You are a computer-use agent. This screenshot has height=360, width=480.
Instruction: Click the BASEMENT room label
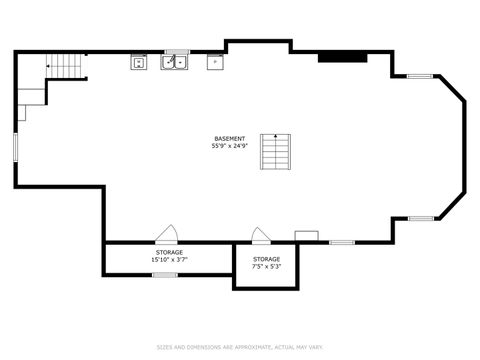tap(228, 138)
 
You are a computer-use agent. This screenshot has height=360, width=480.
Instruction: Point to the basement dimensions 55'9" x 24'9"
tap(228, 146)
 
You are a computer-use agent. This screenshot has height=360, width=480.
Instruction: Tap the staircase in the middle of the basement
tap(274, 151)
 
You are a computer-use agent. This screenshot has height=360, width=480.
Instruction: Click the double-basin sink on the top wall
tap(176, 62)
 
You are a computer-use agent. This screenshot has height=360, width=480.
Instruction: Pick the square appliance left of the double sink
tap(138, 62)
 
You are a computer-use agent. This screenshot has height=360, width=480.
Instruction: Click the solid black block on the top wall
tap(334, 56)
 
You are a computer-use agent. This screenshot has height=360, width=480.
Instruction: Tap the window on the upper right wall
tap(420, 75)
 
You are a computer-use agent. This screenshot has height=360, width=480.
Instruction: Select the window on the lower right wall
tap(420, 218)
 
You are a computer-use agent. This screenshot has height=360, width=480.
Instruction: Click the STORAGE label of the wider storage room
tap(169, 252)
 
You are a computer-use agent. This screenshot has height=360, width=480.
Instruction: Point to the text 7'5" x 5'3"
tap(266, 266)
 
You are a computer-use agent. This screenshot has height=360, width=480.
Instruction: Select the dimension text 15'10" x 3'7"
tap(169, 260)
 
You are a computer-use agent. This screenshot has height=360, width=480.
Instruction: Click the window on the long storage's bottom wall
tap(165, 274)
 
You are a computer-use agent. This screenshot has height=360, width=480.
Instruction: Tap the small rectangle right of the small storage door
tap(306, 236)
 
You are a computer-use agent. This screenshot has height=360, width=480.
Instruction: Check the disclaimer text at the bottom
tap(240, 348)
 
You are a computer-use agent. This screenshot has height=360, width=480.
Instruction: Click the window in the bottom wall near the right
tap(342, 242)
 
